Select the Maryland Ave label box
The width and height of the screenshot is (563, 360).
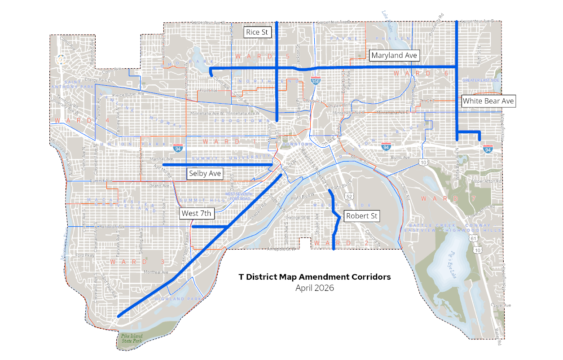click(394, 55)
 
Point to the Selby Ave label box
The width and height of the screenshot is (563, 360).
click(205, 173)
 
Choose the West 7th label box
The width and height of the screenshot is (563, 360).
click(196, 214)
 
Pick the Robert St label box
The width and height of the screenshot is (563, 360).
click(362, 216)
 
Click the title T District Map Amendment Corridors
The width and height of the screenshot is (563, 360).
click(315, 277)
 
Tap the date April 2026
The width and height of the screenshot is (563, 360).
click(315, 288)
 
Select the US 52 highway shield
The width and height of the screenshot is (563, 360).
click(350, 197)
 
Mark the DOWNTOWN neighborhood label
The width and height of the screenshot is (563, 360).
click(297, 144)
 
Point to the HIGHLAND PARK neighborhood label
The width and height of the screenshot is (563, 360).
click(178, 299)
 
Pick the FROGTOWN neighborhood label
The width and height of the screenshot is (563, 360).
click(241, 121)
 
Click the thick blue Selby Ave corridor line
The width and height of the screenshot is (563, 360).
click(224, 165)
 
